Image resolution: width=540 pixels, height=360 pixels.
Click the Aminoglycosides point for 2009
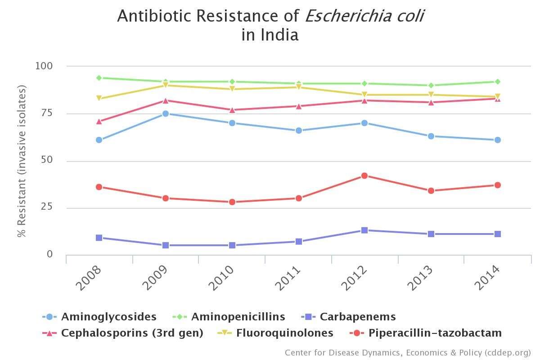(166, 113)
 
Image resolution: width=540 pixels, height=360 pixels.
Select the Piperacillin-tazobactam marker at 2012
(364, 175)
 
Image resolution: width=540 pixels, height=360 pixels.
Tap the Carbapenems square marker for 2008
(99, 238)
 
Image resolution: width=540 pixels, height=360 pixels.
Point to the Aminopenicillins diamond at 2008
(99, 78)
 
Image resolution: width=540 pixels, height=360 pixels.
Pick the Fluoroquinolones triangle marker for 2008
(99, 98)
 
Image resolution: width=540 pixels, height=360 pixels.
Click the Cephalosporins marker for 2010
(232, 110)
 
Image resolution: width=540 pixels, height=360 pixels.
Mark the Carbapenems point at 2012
(364, 230)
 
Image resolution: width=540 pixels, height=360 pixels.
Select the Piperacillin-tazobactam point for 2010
(232, 202)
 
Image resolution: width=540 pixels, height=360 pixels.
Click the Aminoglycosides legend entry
(108, 317)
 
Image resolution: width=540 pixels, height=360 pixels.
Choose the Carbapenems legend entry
(357, 317)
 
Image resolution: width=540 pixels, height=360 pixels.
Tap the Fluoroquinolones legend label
(284, 333)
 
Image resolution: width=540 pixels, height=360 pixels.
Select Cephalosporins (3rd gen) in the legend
(132, 333)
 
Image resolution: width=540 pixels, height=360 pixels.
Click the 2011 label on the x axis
(288, 279)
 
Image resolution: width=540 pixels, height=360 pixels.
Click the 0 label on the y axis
(49, 254)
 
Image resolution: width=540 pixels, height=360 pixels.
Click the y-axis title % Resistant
(22, 162)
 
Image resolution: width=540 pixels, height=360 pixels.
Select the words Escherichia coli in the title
(364, 16)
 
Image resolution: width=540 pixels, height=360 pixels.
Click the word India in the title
(279, 35)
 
